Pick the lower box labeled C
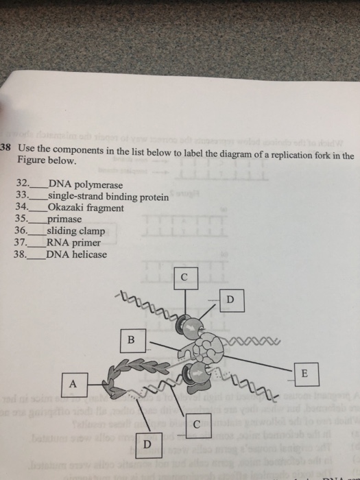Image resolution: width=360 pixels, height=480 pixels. coord(197,424)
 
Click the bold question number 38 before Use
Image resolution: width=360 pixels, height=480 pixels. coord(6,148)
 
